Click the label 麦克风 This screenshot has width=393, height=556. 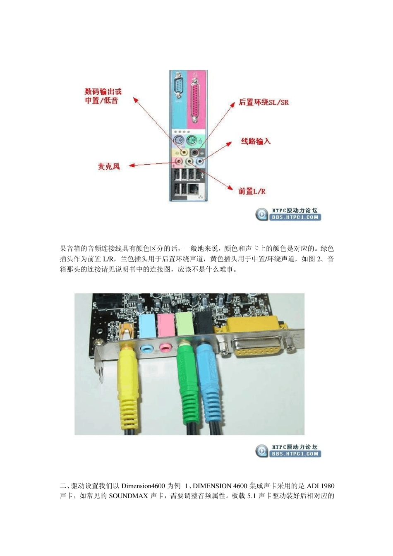click(x=108, y=166)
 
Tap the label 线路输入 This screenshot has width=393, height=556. click(x=255, y=141)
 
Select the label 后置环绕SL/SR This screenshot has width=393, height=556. click(x=264, y=102)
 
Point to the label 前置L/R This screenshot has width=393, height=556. click(x=252, y=191)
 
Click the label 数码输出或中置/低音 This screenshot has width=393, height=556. click(x=103, y=96)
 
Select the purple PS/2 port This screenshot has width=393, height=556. click(x=178, y=141)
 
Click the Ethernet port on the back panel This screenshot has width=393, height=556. click(x=192, y=189)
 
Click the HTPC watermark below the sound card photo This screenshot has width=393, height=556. click(x=288, y=451)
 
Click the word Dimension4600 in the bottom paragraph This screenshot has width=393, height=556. click(x=143, y=486)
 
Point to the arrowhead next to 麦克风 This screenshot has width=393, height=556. click(x=132, y=166)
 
